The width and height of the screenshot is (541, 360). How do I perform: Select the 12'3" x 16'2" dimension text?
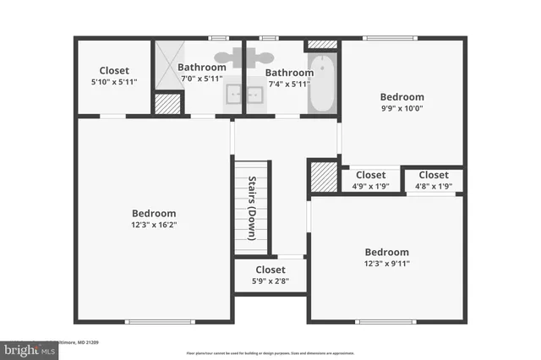click(154, 226)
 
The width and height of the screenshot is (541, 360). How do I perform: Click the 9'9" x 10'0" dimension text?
click(402, 108)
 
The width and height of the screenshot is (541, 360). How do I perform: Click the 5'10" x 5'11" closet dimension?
click(113, 82)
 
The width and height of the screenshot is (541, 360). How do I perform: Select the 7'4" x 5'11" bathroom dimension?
click(290, 84)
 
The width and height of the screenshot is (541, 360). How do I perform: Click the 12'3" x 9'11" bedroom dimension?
click(386, 264)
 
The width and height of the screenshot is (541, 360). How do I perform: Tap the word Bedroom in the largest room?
click(154, 214)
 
